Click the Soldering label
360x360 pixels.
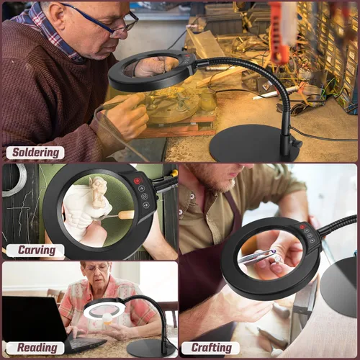[x=35, y=153]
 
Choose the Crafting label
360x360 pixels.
[x=210, y=348]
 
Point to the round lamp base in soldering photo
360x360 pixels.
[x=255, y=143]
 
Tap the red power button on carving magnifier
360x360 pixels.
[x=137, y=180]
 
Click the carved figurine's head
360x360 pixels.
[x=97, y=185]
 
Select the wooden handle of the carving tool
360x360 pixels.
[x=126, y=215]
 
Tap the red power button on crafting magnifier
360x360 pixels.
[x=302, y=226]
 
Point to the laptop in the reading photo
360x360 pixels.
[x=41, y=322]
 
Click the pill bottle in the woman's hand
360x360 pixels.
[x=107, y=319]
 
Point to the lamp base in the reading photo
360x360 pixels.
[x=150, y=348]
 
